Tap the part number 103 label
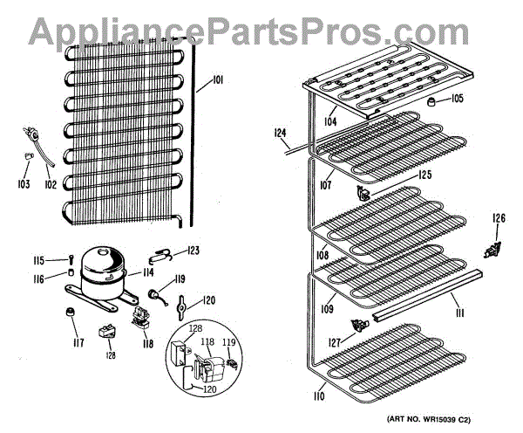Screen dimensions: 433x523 coord(23,184)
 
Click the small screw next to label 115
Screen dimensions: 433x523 coord(65,258)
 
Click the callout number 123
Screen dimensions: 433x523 coord(193,251)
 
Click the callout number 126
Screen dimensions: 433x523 coord(499,218)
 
